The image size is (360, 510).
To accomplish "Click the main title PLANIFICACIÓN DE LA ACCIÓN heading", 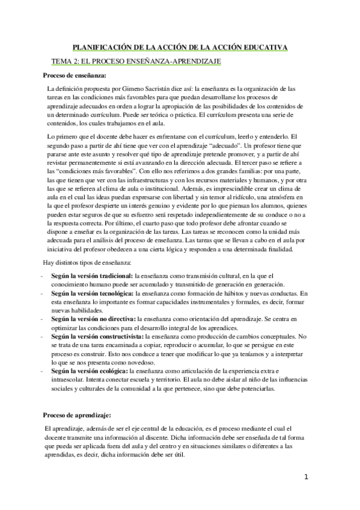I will [x=180, y=46].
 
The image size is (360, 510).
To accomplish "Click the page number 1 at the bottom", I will [x=306, y=478].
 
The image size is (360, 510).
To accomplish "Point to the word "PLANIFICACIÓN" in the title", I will [x=102, y=46].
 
